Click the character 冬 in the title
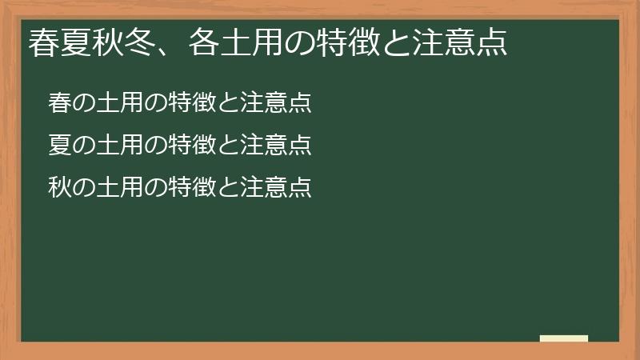coord(139,42)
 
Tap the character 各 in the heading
coord(204,42)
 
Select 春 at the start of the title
coord(43,42)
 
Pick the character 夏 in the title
coord(75,42)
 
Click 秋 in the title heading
coord(107,42)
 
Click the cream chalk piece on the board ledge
coord(563,338)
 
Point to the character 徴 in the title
coord(365,42)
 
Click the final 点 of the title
coord(493,42)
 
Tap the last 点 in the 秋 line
coord(300,186)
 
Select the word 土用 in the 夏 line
coord(119,144)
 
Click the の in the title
coord(300,42)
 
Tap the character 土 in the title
coord(236,42)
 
